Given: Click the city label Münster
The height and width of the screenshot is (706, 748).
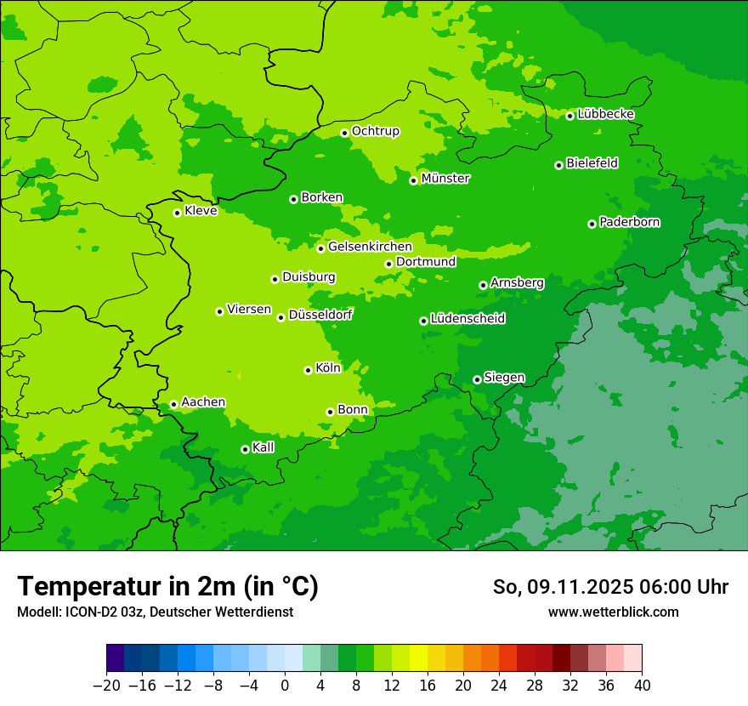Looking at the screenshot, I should [x=445, y=179].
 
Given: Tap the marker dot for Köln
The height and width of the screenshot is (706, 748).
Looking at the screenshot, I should [x=308, y=370].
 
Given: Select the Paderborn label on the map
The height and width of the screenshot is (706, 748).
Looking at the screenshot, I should [x=630, y=222].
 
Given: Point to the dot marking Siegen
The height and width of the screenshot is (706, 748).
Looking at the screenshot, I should [x=477, y=379].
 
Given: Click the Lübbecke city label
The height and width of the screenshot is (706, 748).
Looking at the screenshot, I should [x=606, y=114].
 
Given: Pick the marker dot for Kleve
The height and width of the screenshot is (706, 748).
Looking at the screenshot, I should [x=177, y=213].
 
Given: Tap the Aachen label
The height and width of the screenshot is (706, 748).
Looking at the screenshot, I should [x=203, y=402].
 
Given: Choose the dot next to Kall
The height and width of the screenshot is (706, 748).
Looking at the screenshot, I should [x=245, y=449].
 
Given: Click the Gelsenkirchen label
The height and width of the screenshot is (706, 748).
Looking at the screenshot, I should [x=370, y=247].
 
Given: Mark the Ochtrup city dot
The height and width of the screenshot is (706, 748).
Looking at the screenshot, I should [x=344, y=133].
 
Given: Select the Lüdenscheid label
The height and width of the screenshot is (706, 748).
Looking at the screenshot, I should [x=467, y=319].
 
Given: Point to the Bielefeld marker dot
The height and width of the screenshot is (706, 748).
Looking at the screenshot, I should [x=558, y=165].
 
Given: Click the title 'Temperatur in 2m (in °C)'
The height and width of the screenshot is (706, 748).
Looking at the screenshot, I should [x=167, y=586].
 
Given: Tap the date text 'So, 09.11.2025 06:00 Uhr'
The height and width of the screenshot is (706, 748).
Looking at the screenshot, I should [x=610, y=587].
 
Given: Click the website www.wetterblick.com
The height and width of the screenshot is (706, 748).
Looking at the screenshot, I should [x=613, y=612].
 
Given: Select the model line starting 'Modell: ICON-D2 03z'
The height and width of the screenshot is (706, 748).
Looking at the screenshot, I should [x=155, y=612].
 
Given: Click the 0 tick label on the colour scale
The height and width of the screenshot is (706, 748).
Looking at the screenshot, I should [x=285, y=686].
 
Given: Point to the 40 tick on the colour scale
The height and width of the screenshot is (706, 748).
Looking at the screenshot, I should [x=642, y=686].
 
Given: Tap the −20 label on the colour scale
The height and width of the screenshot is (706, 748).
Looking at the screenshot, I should [x=106, y=686].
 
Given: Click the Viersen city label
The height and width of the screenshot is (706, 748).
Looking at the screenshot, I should [x=249, y=310].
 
